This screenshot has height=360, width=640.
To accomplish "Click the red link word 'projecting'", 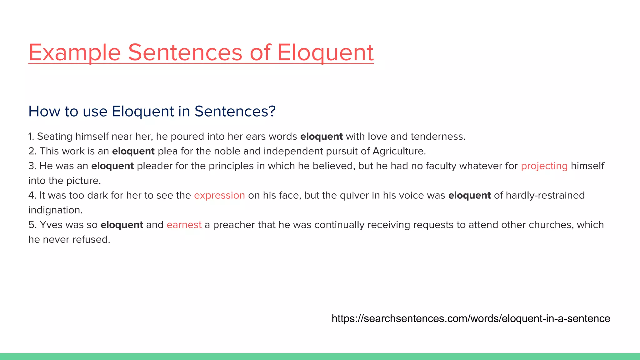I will pos(544,166).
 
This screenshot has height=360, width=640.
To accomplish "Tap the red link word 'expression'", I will pos(219,195).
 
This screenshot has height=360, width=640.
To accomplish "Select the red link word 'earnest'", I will pos(184,225).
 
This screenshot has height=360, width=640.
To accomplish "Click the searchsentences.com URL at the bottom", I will pos(471,318).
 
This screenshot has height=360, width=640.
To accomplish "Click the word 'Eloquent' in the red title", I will pos(325,52).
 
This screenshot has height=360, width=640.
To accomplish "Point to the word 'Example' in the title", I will pos(75,52).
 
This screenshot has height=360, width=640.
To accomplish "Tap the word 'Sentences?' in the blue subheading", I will pos(235,111).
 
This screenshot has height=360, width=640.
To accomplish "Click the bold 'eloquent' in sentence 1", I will pos(321,137).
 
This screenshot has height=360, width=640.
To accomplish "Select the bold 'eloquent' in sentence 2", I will pos(133,151).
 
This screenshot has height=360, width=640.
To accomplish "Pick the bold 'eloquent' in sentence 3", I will pos(112,166).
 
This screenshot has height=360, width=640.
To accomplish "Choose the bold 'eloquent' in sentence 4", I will pos(469,195).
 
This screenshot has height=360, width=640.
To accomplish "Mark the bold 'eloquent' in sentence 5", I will pos(122,225).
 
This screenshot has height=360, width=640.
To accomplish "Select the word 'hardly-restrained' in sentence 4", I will pos(545,195).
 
